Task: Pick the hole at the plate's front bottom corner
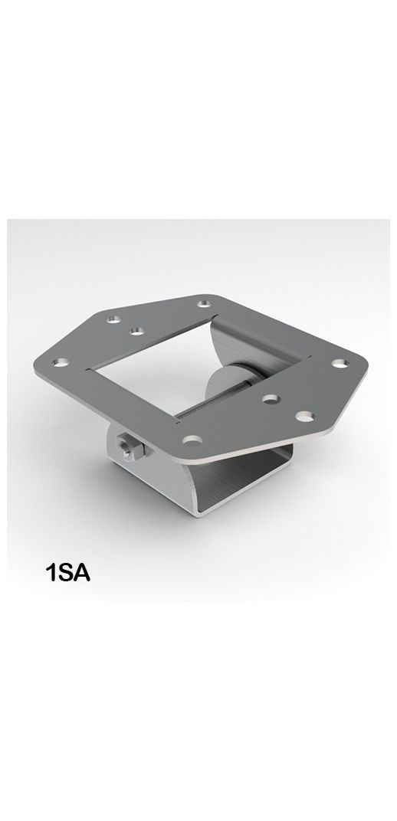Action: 193,440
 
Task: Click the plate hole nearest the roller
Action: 269,398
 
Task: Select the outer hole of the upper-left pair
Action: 113,316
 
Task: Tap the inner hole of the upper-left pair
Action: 138,331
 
